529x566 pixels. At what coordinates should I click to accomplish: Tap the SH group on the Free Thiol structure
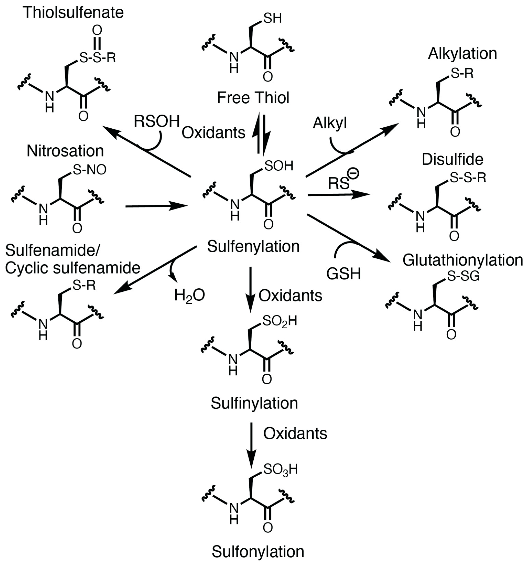point(272,19)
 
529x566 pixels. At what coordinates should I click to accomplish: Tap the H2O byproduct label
point(189,295)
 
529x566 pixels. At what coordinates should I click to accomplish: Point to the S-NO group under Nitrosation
point(89,170)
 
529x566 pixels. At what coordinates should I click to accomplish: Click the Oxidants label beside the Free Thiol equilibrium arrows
point(213,133)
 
